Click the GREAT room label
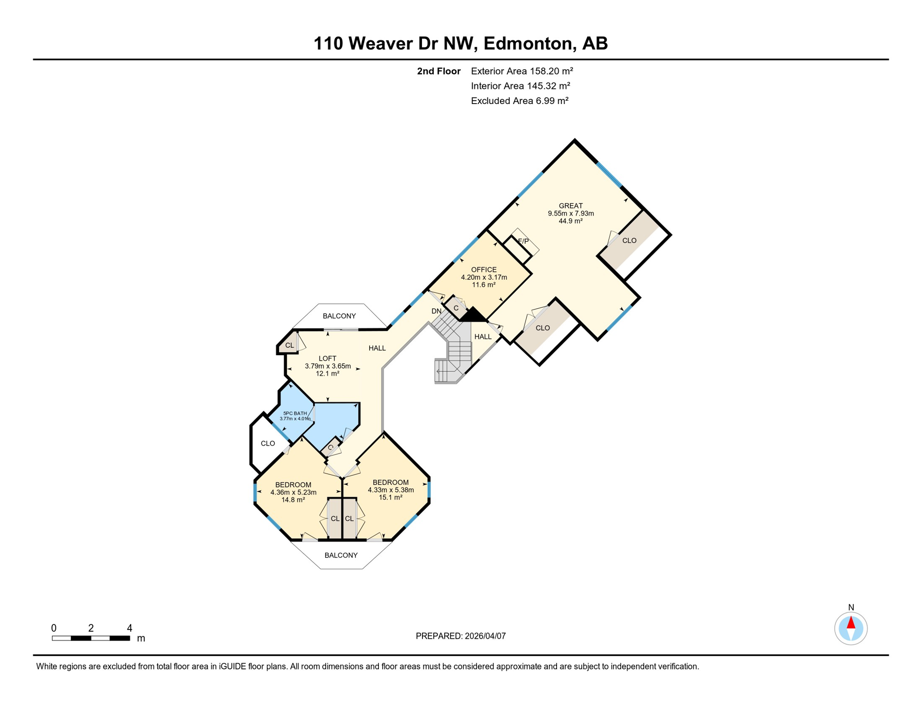tap(570, 206)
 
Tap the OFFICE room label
tap(484, 270)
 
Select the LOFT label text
tap(327, 358)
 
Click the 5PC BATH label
tap(295, 413)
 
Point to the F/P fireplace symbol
tap(523, 241)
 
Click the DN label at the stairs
tap(436, 311)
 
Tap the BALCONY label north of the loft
tap(339, 316)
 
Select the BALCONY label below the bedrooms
tap(341, 555)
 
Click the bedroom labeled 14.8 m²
tap(293, 492)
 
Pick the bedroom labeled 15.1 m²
tap(391, 490)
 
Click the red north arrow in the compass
tap(851, 623)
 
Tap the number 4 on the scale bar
tap(129, 628)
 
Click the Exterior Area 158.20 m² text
tap(522, 71)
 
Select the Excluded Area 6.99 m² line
tap(519, 101)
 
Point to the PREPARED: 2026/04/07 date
tap(461, 636)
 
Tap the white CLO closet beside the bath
tap(268, 443)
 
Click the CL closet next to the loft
tap(289, 345)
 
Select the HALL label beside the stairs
tap(483, 337)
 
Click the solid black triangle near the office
tap(473, 315)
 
